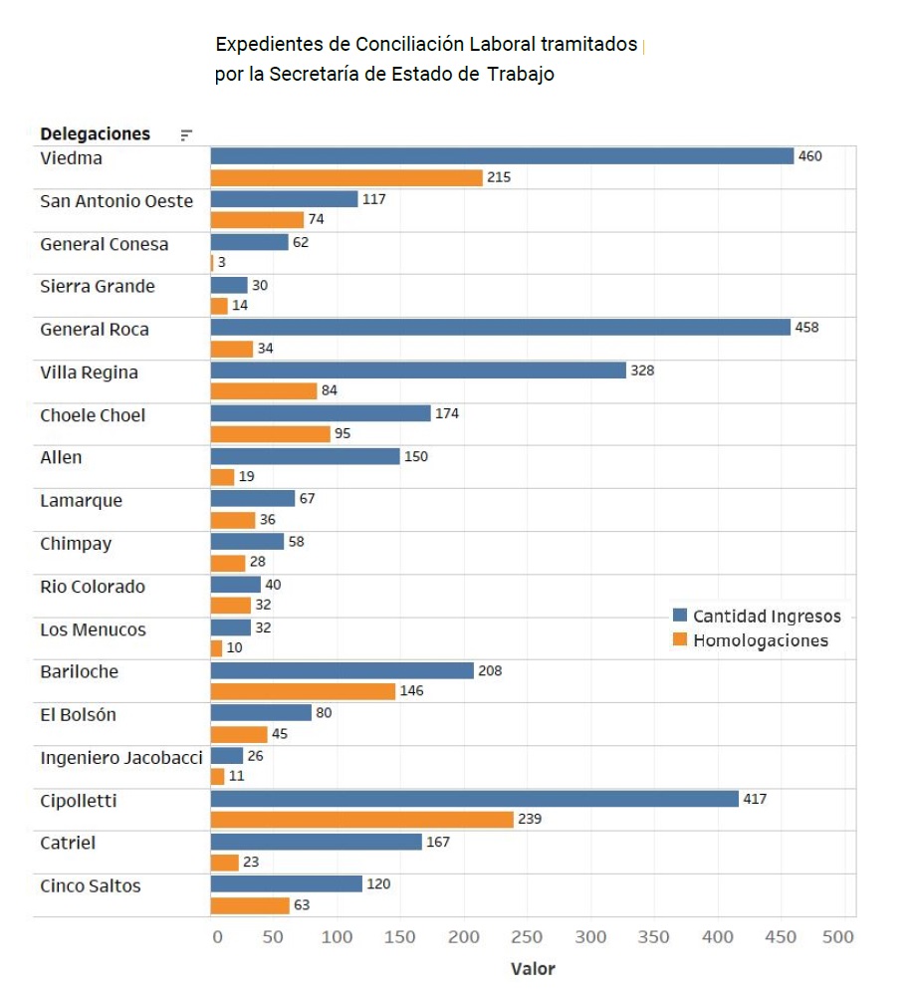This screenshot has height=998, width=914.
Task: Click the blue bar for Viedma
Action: (502, 156)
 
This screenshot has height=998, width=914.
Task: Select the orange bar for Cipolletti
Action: (361, 819)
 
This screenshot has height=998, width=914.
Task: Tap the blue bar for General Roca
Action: (500, 328)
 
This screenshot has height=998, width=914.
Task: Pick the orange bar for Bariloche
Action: (303, 691)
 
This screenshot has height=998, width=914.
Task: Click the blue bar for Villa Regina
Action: (418, 371)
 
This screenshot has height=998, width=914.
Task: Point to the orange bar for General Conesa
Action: (212, 263)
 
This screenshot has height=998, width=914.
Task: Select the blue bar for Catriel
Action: (316, 843)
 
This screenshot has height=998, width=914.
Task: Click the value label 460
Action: (810, 156)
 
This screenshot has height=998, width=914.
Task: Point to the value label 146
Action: (411, 691)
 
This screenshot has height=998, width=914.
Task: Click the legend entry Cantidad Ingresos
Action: (766, 617)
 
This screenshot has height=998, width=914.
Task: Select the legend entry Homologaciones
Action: (760, 640)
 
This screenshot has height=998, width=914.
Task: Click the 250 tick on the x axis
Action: (527, 937)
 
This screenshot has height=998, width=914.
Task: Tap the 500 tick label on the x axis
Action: (839, 937)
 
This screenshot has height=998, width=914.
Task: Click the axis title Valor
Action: (533, 969)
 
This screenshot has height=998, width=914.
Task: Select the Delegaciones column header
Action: (95, 133)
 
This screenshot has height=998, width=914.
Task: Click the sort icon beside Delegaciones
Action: (186, 135)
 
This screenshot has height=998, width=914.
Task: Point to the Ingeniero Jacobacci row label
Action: (120, 758)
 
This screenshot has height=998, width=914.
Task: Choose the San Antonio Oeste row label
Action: (116, 201)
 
